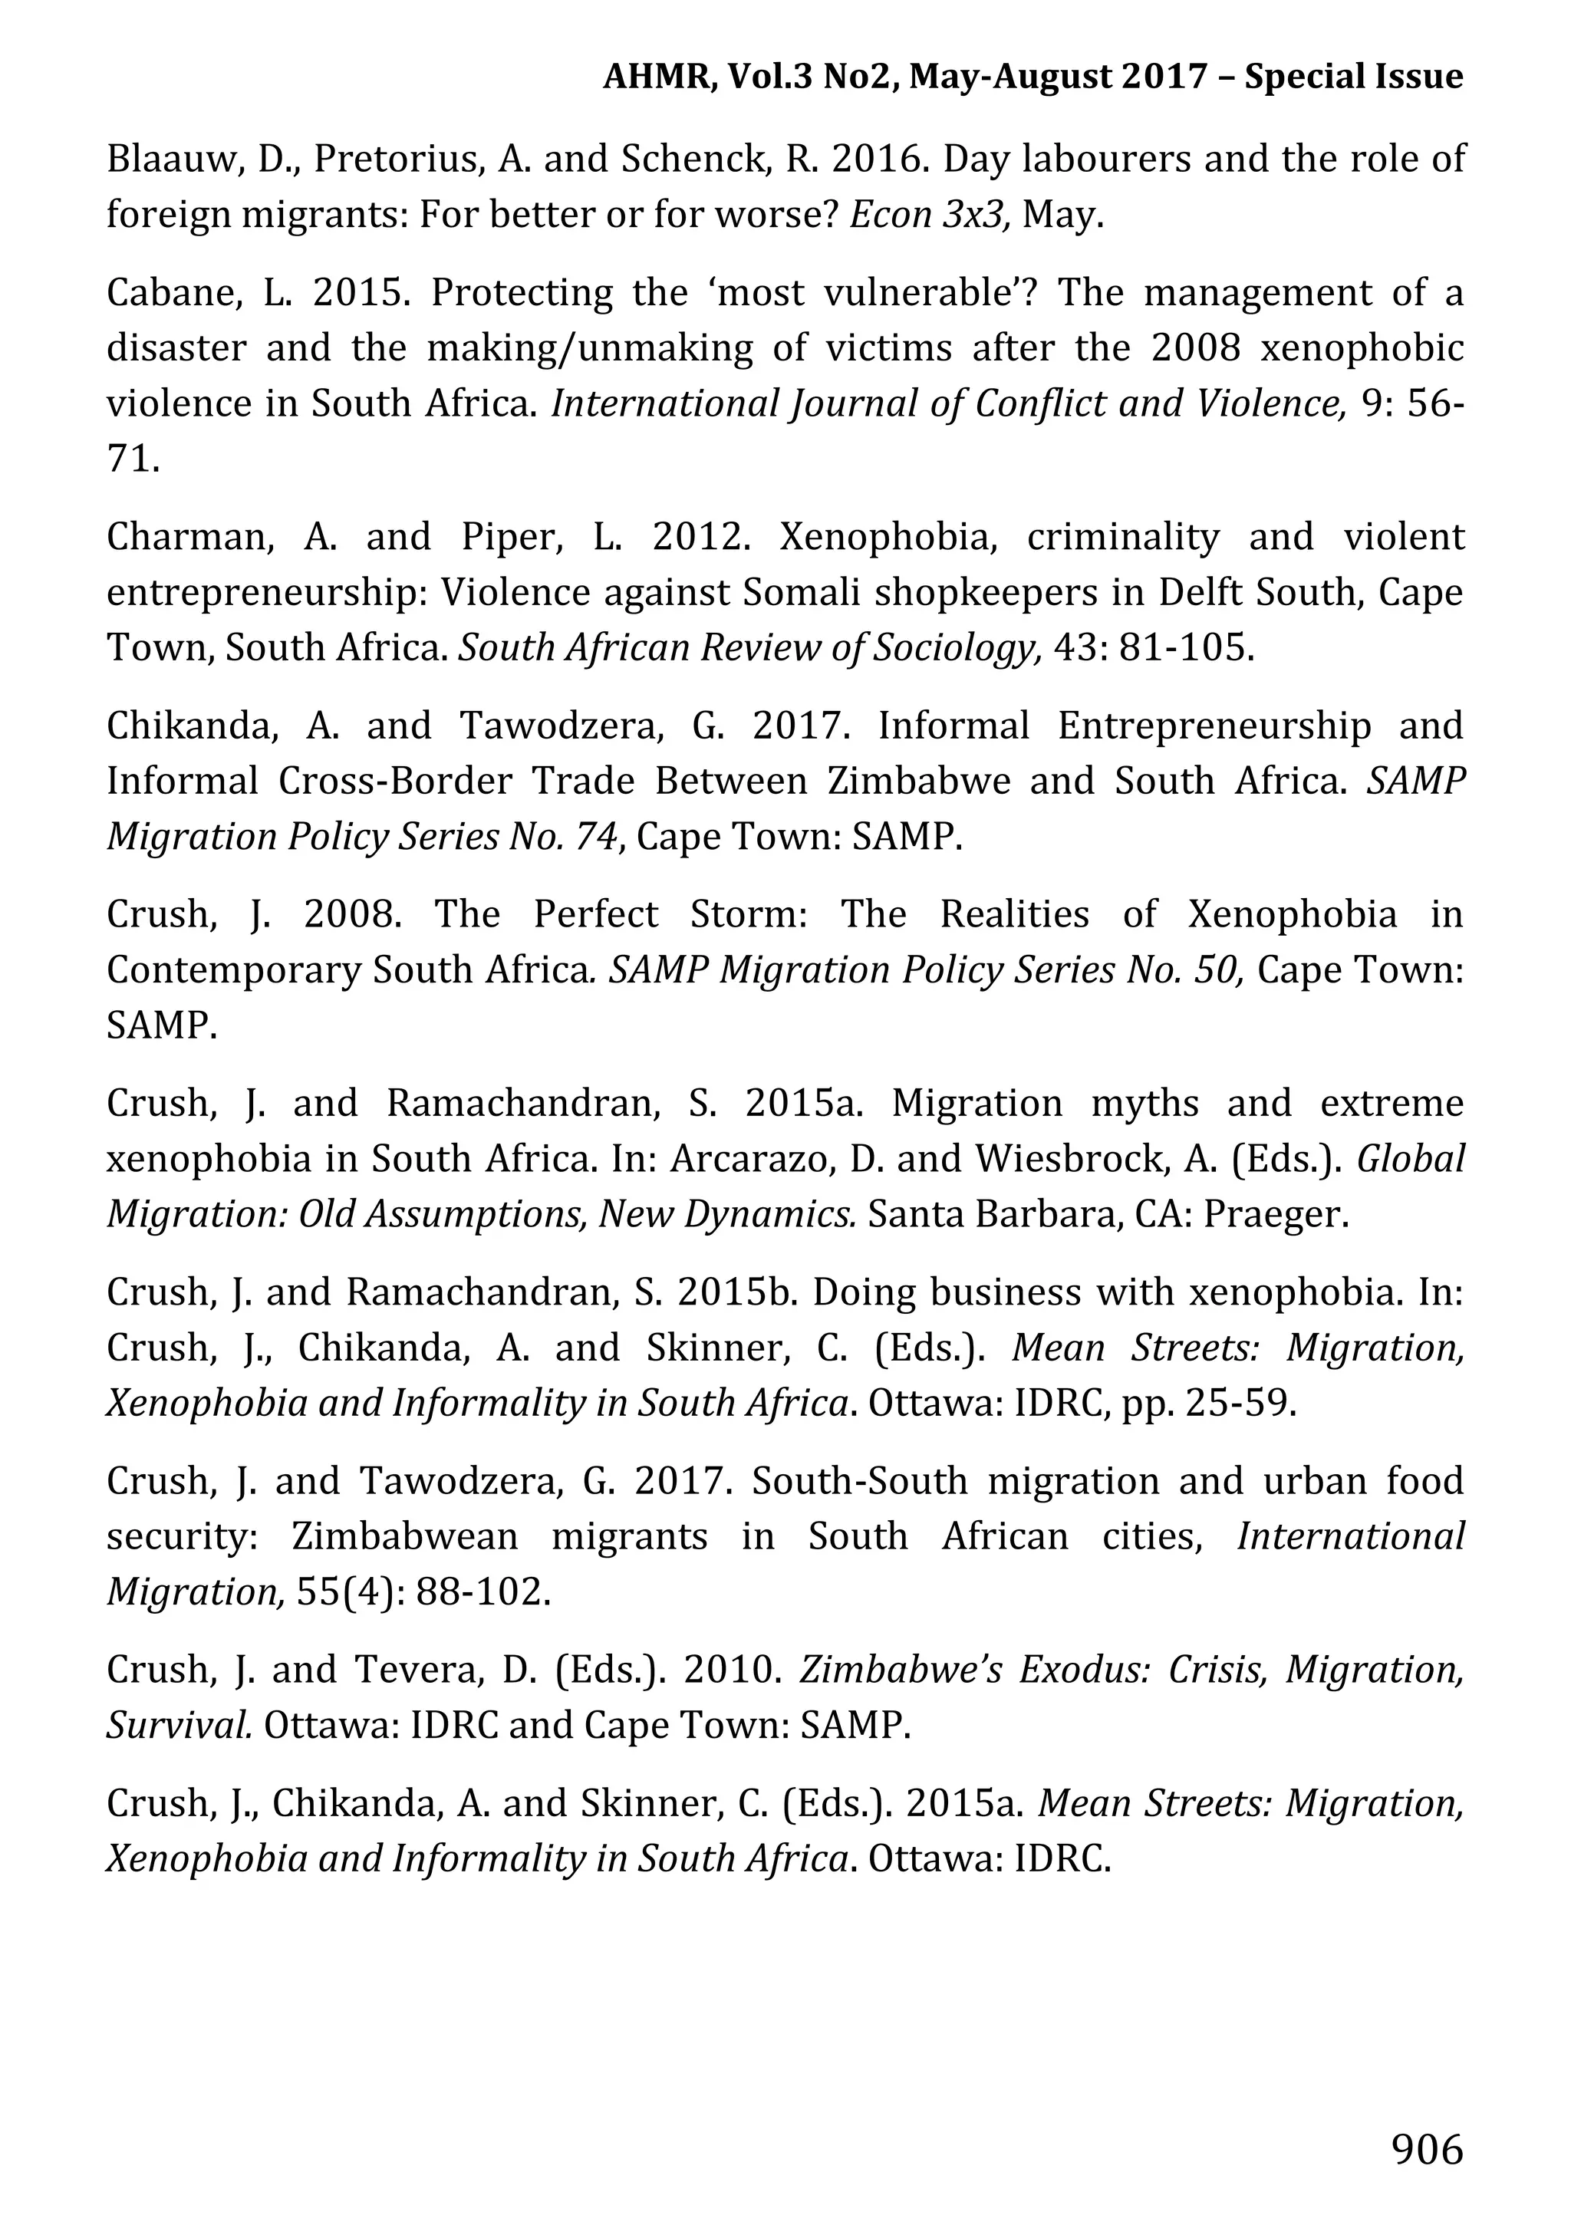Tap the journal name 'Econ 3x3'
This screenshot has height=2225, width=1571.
click(930, 214)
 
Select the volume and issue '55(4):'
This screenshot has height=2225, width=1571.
click(351, 1592)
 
